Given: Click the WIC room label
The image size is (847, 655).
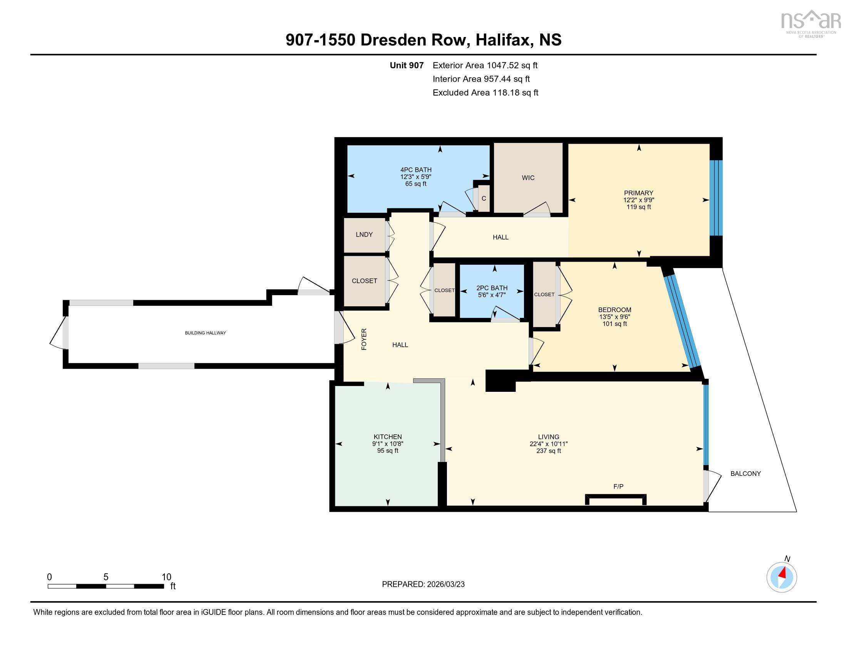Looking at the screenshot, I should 528,178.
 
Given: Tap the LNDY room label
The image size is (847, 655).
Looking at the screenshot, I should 364,234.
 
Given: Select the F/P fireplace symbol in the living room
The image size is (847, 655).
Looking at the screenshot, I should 616,499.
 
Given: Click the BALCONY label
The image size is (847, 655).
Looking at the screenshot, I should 745,474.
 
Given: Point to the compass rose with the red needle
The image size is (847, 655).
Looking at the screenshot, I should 782,577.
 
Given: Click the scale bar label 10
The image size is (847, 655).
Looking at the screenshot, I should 166,577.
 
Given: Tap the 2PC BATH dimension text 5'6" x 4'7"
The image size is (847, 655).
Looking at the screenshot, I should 492,295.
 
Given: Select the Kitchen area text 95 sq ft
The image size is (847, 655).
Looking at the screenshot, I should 387,450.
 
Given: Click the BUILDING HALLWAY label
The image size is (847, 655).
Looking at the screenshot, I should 205,333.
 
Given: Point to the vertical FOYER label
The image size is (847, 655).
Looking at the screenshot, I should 364,339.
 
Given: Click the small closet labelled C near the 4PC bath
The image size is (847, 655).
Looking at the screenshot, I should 484,198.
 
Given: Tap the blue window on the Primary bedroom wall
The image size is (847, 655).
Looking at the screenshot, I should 716,198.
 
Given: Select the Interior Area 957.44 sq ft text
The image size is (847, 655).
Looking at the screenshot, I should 481,79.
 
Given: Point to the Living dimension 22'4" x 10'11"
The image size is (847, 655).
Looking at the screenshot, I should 548,443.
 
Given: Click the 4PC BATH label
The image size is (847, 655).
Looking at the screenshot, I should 416,170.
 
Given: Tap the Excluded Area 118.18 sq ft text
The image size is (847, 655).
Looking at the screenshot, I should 485,92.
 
